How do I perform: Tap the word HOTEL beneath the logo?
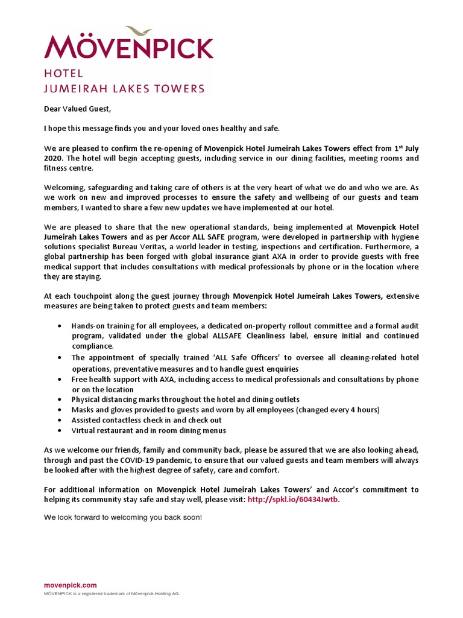[63, 74]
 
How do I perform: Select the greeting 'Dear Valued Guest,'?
[78, 109]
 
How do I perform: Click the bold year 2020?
[53, 158]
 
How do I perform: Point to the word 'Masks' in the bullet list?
[83, 410]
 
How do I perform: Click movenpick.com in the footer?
[70, 585]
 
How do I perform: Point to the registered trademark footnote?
[112, 594]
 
